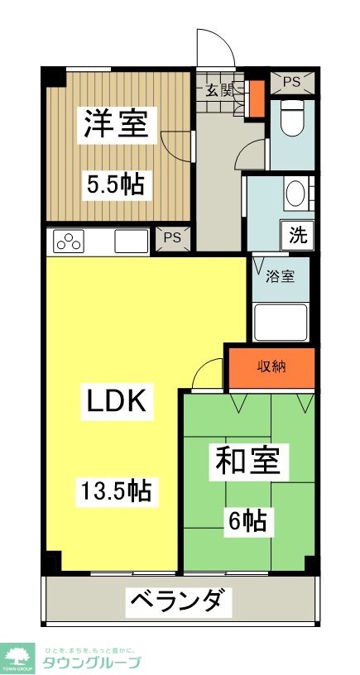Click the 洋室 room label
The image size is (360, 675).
(x=116, y=124)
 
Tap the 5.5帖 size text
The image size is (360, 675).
(x=116, y=185)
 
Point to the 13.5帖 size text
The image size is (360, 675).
(x=118, y=491)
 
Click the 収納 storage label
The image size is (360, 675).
(x=271, y=366)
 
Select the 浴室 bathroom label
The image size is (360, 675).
(x=281, y=277)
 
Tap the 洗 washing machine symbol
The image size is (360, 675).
(x=298, y=235)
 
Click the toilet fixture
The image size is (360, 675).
(x=293, y=117)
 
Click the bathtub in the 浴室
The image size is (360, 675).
(x=281, y=323)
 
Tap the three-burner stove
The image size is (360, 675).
(x=69, y=241)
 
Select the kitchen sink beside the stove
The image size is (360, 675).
(x=132, y=241)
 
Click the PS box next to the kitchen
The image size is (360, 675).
(x=172, y=238)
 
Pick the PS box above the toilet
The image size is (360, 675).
(x=292, y=83)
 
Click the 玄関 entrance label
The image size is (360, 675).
(x=218, y=91)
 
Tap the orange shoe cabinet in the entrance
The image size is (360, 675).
(x=257, y=98)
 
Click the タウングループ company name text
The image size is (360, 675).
(x=90, y=662)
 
